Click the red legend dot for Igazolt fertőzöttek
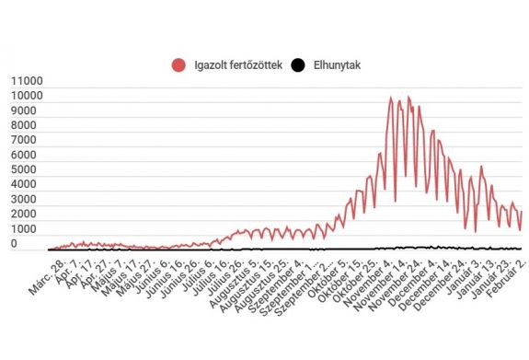click(x=178, y=64)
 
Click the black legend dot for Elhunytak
click(x=297, y=64)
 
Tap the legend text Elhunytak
click(x=337, y=64)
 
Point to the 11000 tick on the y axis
click(x=26, y=81)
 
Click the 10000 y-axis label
click(x=26, y=96)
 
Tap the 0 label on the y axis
click(x=39, y=244)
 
